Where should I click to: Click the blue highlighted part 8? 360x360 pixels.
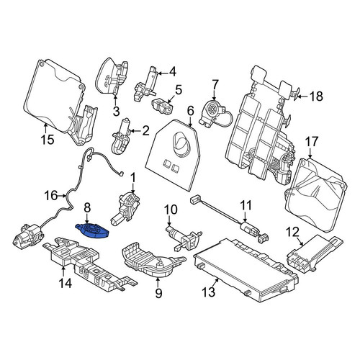[92, 230]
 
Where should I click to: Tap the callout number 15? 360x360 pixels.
[48, 140]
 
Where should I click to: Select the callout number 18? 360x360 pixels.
[316, 96]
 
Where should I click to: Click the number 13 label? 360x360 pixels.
[209, 292]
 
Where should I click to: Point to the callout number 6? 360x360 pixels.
[190, 111]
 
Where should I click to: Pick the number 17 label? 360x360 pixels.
[311, 141]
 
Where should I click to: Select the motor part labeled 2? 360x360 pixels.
[122, 136]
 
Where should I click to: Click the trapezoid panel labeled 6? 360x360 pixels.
[174, 155]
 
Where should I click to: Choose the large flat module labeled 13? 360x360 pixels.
[246, 270]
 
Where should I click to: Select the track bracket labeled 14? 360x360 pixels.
[88, 264]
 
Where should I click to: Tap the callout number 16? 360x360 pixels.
[51, 196]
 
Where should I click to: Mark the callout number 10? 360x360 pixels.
[171, 210]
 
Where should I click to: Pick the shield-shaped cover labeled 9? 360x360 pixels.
[153, 260]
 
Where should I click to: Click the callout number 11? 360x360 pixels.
[246, 206]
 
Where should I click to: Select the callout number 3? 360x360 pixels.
[116, 112]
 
